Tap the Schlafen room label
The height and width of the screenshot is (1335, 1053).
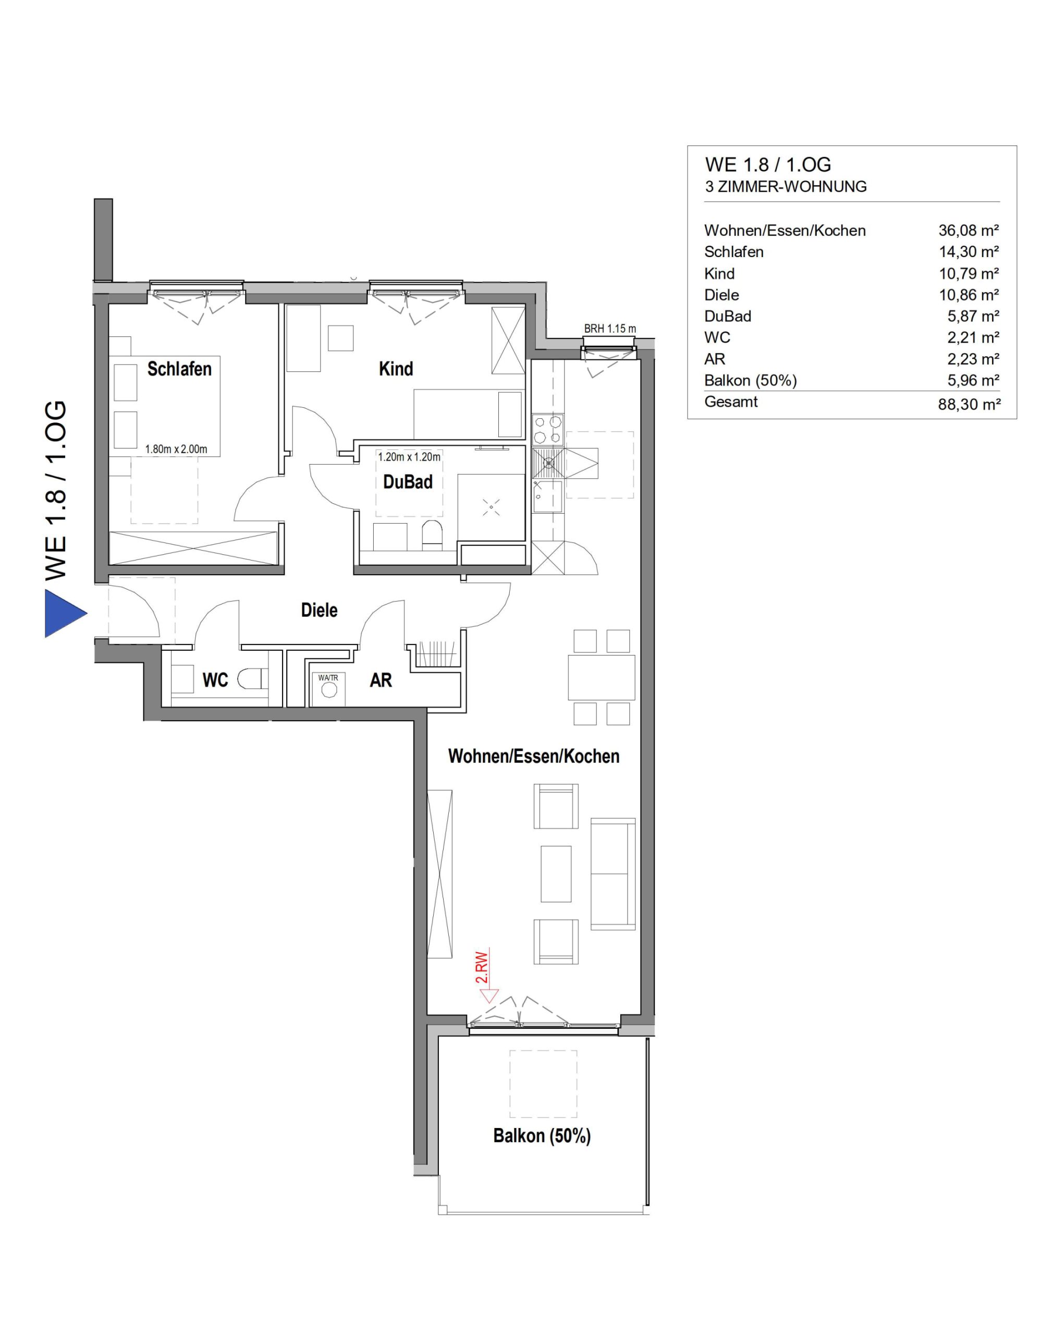tap(179, 369)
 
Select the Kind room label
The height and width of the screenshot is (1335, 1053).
tap(396, 369)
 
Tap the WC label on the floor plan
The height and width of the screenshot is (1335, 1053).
tap(215, 680)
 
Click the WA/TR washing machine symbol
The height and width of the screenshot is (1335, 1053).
tap(328, 689)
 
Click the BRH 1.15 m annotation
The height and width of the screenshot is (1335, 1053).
tap(610, 329)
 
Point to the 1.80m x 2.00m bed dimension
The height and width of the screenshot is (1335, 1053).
tap(176, 449)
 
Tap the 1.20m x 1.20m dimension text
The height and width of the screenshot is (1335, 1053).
tap(409, 457)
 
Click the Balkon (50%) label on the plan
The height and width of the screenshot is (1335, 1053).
tap(542, 1136)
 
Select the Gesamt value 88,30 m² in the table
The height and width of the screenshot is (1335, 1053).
tap(969, 405)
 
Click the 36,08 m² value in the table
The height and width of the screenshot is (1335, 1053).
tap(969, 230)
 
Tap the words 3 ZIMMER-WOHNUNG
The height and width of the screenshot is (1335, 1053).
tap(786, 186)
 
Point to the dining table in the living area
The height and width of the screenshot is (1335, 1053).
tap(602, 677)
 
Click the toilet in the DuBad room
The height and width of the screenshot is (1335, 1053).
tap(432, 535)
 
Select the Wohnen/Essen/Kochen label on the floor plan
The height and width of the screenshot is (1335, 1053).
tap(534, 756)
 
